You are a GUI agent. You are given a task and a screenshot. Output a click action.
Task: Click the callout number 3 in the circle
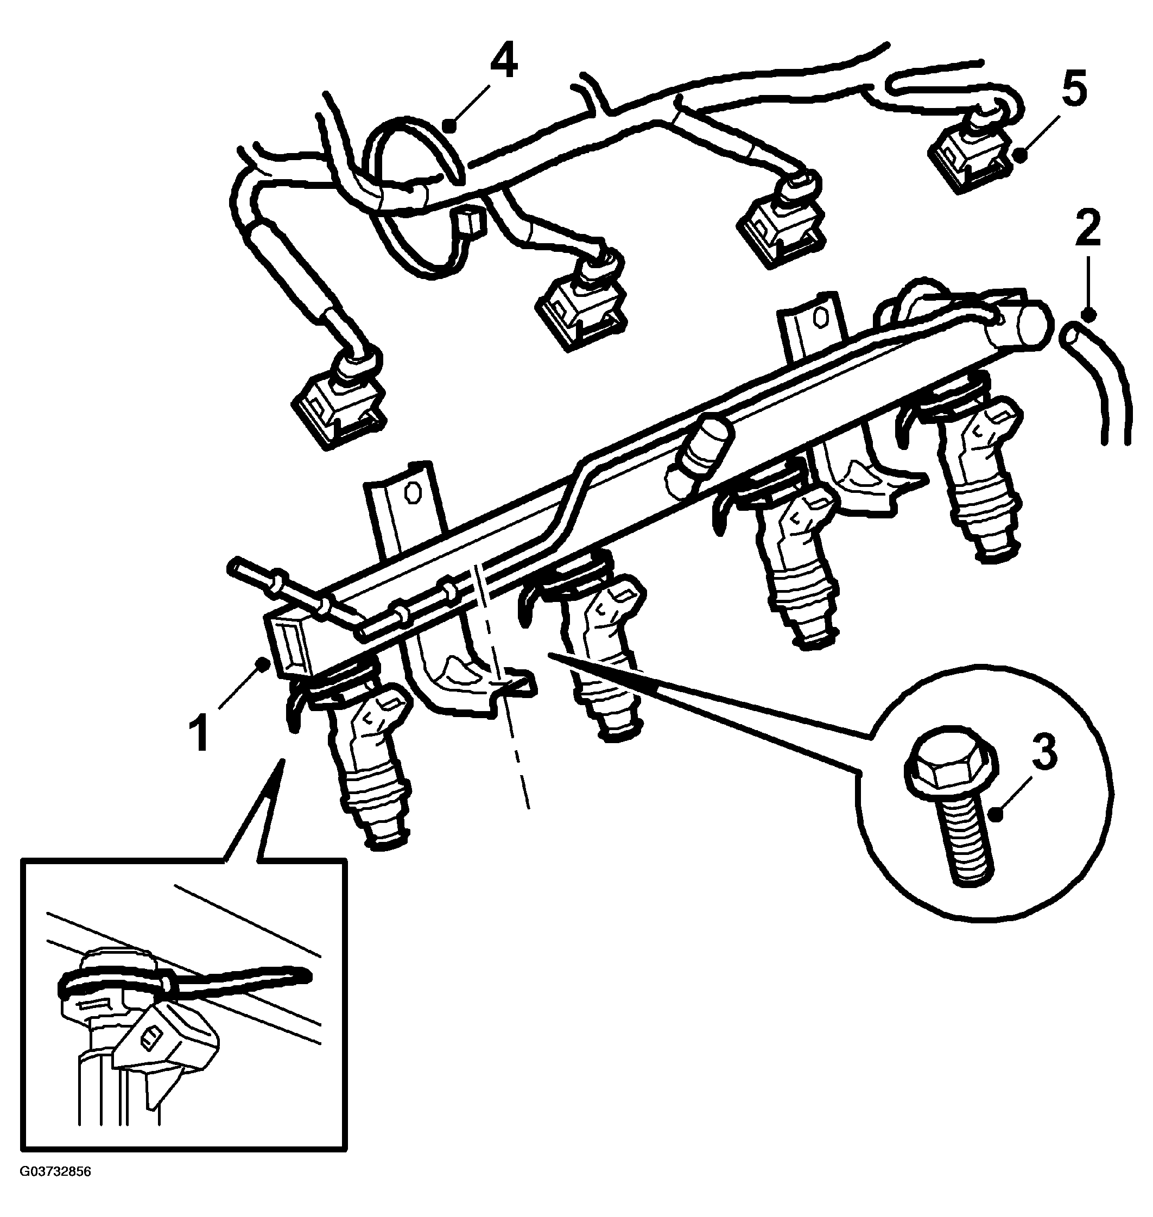1045,753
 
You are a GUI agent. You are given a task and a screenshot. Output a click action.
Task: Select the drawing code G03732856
56,1189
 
